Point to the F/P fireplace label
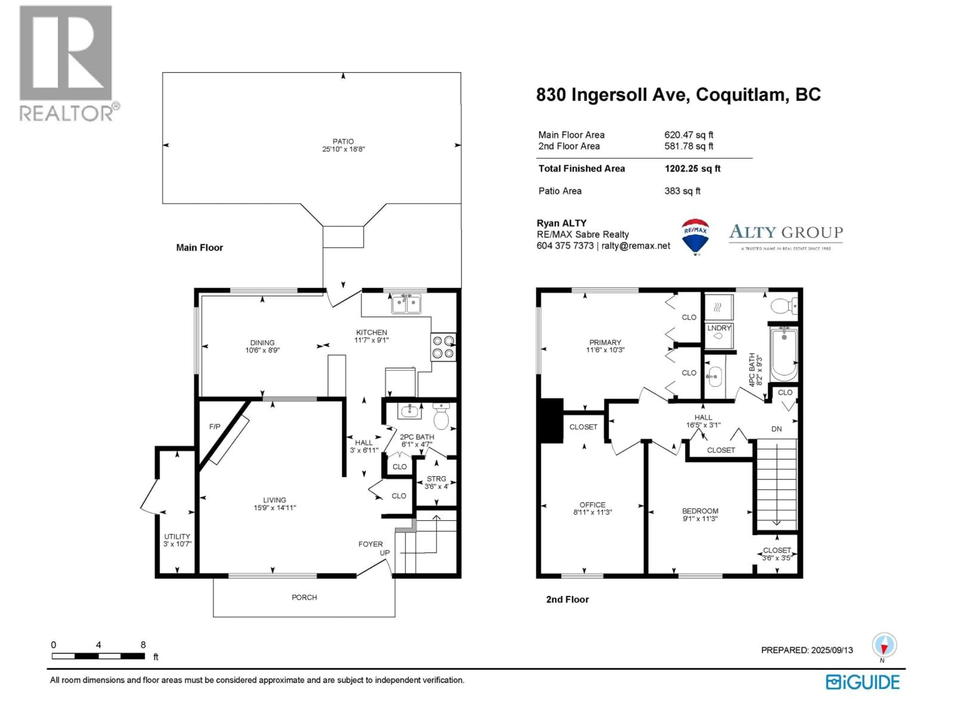(215, 427)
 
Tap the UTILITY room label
(177, 536)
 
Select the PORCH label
(304, 597)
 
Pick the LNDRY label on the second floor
(719, 328)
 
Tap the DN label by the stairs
(776, 429)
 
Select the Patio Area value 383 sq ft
(682, 191)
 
